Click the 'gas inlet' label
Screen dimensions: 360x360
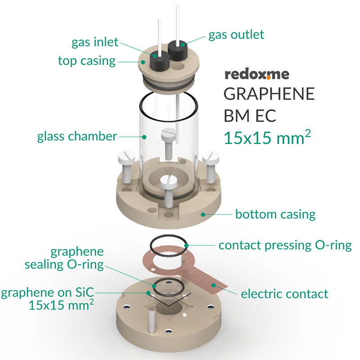(95, 42)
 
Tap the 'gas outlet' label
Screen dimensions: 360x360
(236, 35)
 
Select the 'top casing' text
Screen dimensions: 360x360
(87, 61)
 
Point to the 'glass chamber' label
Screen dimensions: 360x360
(77, 136)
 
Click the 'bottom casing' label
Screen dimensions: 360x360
(275, 215)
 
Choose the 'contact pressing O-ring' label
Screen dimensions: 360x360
(285, 245)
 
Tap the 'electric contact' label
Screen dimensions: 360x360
(284, 294)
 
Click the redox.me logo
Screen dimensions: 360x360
(256, 74)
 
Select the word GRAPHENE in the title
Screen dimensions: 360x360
(269, 94)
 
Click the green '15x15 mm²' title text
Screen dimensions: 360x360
(267, 137)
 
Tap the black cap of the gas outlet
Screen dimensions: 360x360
(178, 51)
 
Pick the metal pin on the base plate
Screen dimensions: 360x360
(152, 319)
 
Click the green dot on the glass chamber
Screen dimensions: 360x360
(144, 137)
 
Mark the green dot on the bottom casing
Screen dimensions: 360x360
(203, 215)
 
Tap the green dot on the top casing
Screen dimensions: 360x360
(143, 62)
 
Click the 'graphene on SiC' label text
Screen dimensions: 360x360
(48, 292)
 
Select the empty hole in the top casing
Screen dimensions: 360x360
(178, 67)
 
